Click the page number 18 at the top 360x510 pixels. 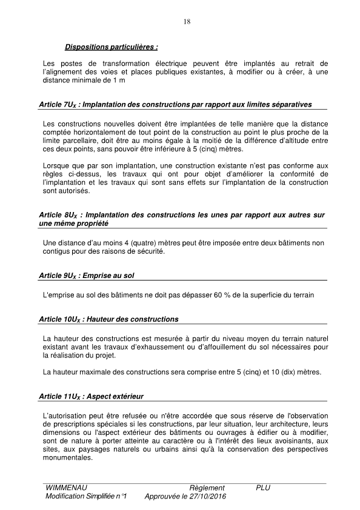(186, 22)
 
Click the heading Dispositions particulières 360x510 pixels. (111, 47)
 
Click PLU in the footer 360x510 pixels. (263, 488)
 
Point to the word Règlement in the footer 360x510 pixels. (207, 488)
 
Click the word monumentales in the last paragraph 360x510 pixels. (68, 458)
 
